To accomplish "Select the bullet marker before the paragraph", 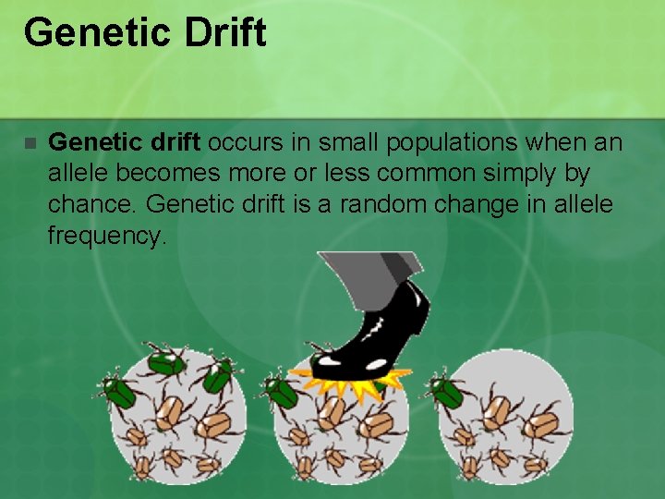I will pos(29,144).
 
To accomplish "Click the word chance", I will pos(91,204).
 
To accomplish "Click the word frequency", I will pos(106,235).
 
